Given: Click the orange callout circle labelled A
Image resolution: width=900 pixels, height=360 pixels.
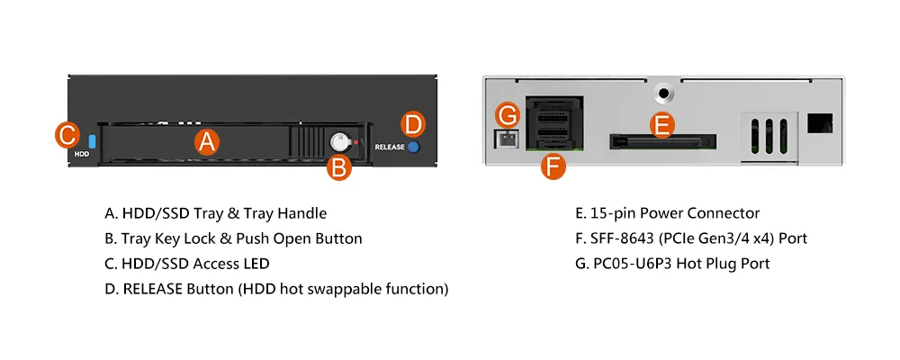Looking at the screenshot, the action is tap(207, 141).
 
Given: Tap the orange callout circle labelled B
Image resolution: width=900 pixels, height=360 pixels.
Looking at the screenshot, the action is tap(339, 168).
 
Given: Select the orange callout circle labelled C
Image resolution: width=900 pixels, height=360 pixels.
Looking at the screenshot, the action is tap(67, 136).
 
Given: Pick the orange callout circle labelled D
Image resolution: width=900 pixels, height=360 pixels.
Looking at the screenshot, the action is tap(412, 125).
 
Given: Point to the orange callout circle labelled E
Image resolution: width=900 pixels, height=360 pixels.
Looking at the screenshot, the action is tap(661, 126).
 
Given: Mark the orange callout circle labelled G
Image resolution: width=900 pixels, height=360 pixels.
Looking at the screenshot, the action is tap(508, 115).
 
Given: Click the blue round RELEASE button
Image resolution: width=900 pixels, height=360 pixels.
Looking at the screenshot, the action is tap(413, 147).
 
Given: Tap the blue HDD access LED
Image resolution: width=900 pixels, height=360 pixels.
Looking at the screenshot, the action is tap(93, 142).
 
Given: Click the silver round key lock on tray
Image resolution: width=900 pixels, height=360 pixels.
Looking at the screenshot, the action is tap(340, 141).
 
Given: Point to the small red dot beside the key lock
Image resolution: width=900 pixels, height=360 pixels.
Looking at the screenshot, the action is tap(355, 141).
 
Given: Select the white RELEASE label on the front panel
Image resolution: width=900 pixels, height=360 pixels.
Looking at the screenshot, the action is tap(390, 147).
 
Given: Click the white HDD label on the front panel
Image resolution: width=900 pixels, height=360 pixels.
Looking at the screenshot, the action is tap(82, 154).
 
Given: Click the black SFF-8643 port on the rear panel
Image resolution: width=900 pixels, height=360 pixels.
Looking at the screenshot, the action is tap(553, 123).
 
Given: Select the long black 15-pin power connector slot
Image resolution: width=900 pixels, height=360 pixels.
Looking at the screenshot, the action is tap(663, 142).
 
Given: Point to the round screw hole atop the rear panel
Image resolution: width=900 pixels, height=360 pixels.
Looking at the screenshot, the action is tap(663, 92).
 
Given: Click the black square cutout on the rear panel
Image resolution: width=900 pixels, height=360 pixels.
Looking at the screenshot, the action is tap(820, 123).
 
